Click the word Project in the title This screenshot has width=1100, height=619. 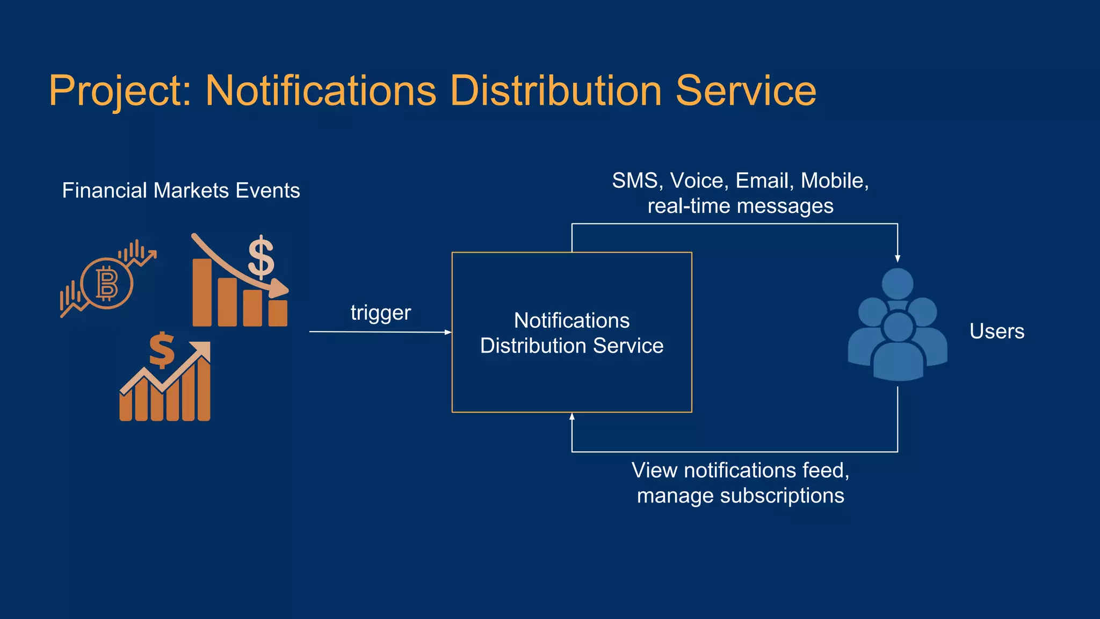point(115,91)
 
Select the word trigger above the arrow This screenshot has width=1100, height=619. point(380,313)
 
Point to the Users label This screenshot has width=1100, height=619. point(996,332)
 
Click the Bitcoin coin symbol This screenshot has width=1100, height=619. point(106,283)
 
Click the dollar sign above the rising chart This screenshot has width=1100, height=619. point(162,350)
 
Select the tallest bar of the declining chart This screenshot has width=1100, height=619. point(202,292)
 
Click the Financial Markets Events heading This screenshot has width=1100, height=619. point(181,191)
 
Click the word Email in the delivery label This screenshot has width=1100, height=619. point(764,181)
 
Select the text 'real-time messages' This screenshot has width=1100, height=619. point(740,206)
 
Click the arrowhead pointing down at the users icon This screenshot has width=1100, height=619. point(898,258)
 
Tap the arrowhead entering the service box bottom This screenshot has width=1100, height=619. point(572,416)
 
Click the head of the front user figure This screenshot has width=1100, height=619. point(898,326)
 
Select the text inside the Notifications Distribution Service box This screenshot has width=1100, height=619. point(571,333)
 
